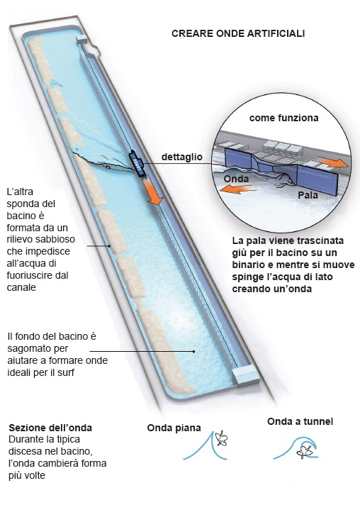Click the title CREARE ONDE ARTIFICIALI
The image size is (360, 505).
point(238,33)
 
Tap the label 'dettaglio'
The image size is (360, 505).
point(182,157)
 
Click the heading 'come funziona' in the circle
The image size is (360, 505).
point(283,118)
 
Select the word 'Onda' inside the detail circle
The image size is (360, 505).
point(236,179)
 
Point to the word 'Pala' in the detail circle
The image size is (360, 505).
point(308,195)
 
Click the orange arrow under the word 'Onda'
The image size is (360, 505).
point(237,189)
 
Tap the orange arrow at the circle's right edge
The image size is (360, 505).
point(333,162)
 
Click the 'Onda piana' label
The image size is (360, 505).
point(174,428)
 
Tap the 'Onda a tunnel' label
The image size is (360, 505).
point(300,421)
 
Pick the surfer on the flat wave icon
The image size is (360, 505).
point(221,438)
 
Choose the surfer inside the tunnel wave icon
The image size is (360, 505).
point(304,450)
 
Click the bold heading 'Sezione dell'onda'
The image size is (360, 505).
point(50,428)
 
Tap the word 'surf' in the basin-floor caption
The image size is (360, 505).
point(66,372)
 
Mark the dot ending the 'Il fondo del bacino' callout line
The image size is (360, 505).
point(193,351)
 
